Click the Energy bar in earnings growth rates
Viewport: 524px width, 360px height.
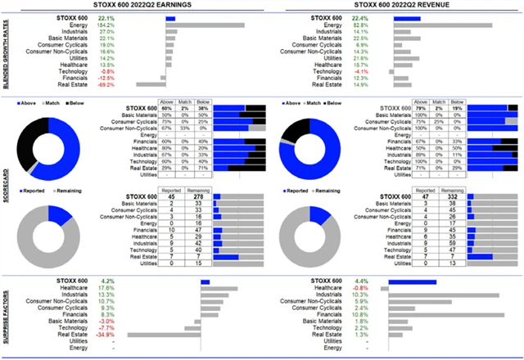(x=204, y=25)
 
